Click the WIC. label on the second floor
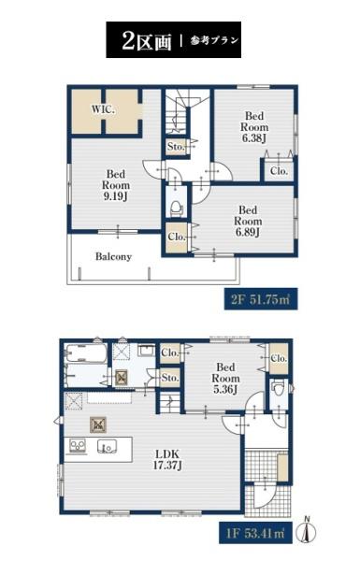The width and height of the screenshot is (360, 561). click(103, 109)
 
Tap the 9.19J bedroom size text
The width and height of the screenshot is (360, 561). click(116, 196)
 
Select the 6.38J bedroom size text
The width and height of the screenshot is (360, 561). click(254, 138)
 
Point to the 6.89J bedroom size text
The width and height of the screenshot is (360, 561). click(248, 232)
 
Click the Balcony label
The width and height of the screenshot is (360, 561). click(113, 256)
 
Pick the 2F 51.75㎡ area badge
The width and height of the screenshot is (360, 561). click(261, 299)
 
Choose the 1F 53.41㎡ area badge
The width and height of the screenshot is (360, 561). click(255, 534)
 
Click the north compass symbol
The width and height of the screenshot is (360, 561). click(307, 530)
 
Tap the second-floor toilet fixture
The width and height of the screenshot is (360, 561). click(176, 209)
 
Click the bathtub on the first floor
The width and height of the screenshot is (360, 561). click(86, 354)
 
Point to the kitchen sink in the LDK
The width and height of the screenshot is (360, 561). click(107, 446)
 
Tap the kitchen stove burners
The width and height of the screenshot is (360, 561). click(78, 446)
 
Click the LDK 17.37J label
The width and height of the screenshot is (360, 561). click(166, 460)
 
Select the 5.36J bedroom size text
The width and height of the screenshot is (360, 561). click(225, 389)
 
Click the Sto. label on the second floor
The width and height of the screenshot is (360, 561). click(176, 147)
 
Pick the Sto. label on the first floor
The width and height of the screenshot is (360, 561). click(169, 378)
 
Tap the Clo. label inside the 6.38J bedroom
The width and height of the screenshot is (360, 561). click(280, 171)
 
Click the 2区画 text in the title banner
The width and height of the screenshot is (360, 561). click(147, 41)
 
